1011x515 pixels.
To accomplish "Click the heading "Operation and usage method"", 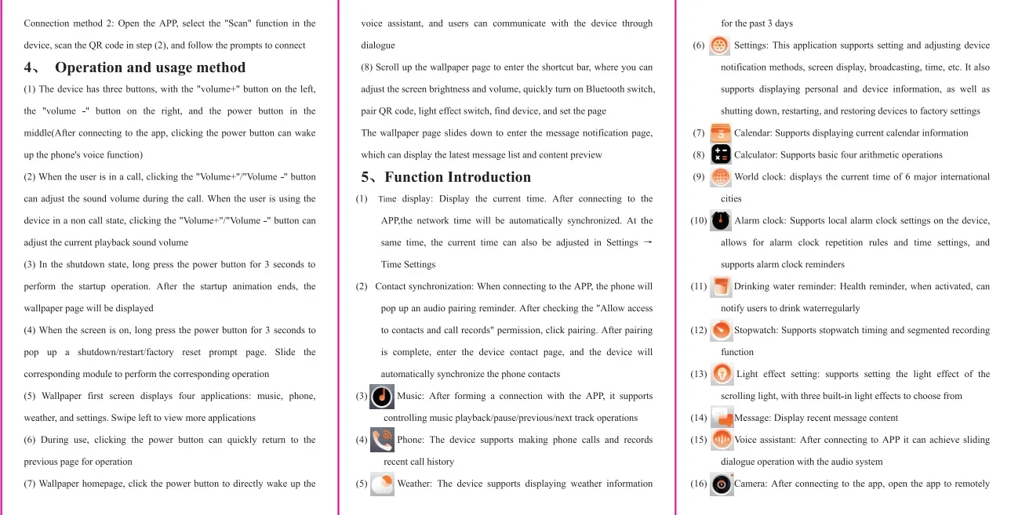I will tap(150, 67).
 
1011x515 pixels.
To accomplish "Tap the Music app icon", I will tap(382, 396).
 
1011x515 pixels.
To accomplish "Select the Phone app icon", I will tap(382, 440).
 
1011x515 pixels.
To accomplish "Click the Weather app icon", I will tap(382, 484).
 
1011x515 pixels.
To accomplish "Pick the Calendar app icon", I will tap(721, 133).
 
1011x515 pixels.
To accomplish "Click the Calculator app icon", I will tap(721, 154).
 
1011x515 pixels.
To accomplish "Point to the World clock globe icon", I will tap(721, 176).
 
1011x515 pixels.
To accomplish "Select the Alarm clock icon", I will tap(721, 220).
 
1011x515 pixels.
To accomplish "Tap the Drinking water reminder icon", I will tap(721, 286).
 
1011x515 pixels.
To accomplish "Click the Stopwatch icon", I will tap(721, 330).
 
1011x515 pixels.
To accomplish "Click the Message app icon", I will tap(721, 417).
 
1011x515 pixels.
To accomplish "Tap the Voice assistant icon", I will tap(721, 440).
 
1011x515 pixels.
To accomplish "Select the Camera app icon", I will tap(721, 484).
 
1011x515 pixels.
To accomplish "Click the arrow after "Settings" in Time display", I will tap(647, 242).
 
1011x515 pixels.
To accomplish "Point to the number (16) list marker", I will tap(699, 484).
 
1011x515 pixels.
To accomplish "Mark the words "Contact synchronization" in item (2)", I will tap(424, 286).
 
